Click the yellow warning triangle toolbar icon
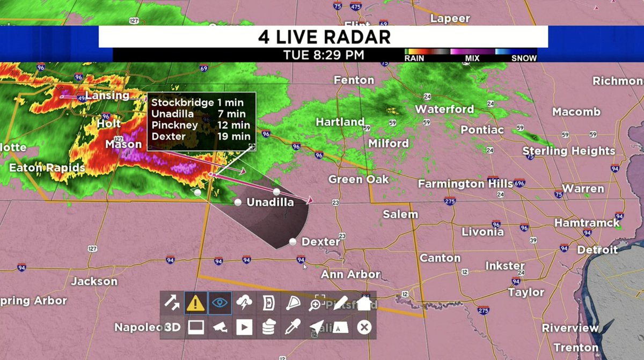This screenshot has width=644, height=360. click(195, 303)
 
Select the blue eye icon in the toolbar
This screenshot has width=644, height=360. click(219, 303)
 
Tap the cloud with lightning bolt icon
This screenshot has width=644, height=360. click(244, 303)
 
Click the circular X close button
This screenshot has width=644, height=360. click(364, 327)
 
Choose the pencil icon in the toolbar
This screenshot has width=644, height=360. click(340, 303)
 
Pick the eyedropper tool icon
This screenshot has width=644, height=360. click(292, 327)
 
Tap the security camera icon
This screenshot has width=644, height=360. click(220, 327)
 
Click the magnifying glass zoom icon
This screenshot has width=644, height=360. click(316, 303)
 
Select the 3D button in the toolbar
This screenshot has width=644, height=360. click(172, 327)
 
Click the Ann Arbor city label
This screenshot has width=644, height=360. click(350, 274)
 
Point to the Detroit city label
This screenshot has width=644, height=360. click(597, 249)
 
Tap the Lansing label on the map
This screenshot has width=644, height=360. click(107, 95)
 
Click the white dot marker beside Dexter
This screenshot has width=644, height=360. click(293, 242)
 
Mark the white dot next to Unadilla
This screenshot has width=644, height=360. click(238, 202)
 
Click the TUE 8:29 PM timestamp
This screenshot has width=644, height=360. click(324, 55)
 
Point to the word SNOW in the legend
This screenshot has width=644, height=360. click(524, 58)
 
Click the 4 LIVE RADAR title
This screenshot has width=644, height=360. click(324, 37)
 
